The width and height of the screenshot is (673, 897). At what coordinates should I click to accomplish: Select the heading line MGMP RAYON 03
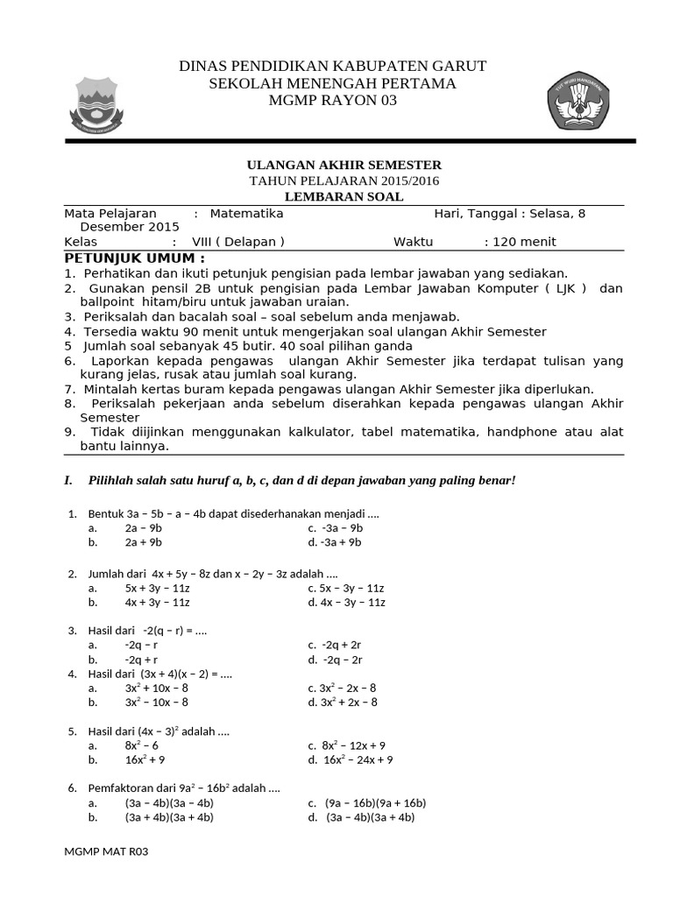[x=332, y=101]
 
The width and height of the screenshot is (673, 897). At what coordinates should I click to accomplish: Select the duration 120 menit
[x=525, y=242]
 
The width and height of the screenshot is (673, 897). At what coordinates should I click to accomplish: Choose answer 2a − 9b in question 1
[x=143, y=528]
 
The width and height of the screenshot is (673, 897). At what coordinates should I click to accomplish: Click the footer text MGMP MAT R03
[x=102, y=851]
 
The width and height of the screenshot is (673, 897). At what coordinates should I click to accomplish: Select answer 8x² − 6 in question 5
[x=141, y=745]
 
